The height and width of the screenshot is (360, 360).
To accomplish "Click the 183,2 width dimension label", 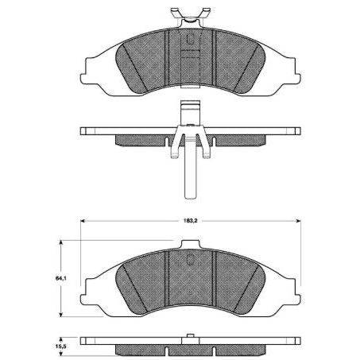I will pos(188,214).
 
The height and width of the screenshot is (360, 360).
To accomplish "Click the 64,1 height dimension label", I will pos(60,277).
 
